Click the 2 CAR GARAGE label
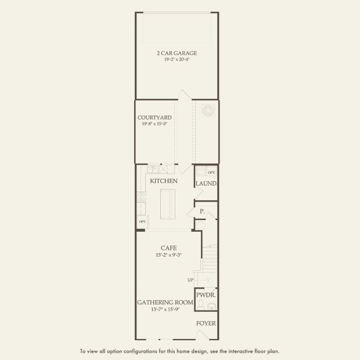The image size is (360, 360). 176,53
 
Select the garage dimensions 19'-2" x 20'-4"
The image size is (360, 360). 176,59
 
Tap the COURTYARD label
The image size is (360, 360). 155,118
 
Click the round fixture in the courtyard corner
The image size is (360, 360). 208,110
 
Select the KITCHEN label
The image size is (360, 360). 163,181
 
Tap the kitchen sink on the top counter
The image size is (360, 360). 154,170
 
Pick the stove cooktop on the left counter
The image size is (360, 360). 142,195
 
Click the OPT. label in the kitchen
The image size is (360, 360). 142,221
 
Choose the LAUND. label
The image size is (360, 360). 205,183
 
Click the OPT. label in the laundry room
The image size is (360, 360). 211,172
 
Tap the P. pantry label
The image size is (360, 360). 202,211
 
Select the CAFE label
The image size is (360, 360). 167,248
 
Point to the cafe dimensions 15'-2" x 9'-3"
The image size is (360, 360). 167,254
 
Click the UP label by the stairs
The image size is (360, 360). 190,280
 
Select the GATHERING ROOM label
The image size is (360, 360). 164,303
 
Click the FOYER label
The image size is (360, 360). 206,322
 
